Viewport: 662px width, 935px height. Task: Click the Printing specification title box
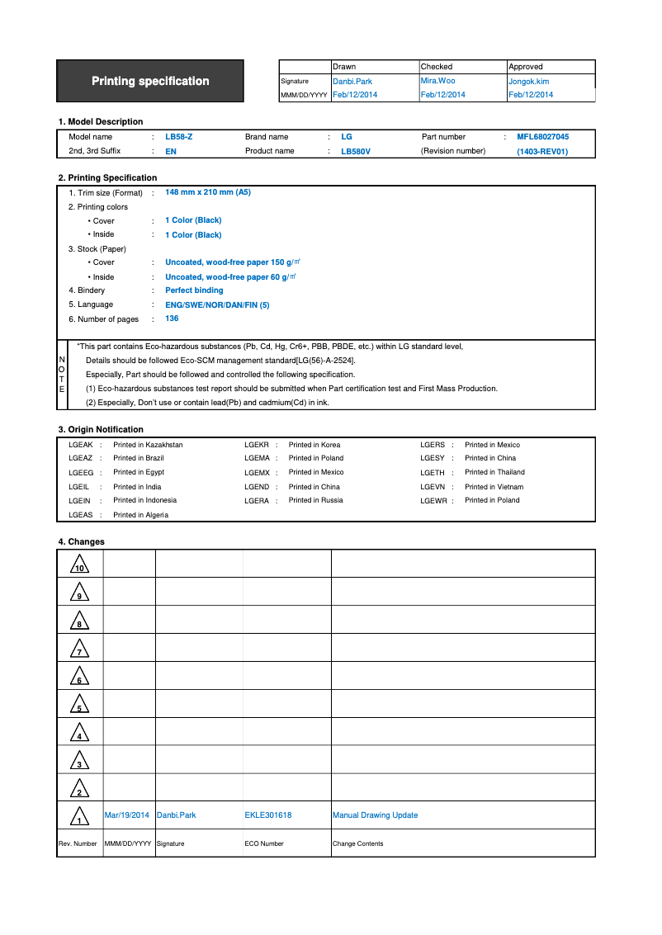click(150, 81)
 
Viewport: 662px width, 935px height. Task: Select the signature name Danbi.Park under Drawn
click(352, 82)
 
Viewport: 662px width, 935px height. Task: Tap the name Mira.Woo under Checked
click(437, 81)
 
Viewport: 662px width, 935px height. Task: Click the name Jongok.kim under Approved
click(528, 82)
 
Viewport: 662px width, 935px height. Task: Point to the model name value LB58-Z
click(179, 137)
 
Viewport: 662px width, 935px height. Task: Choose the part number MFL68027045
click(542, 137)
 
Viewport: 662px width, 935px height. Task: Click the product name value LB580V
click(356, 152)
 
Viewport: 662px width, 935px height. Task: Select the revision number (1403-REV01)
click(542, 152)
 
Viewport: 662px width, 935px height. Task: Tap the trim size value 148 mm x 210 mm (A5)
click(208, 192)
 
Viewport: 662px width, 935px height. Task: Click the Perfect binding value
click(194, 290)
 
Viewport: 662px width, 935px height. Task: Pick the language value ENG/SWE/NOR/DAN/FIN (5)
click(217, 305)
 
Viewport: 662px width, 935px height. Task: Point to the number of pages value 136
click(172, 319)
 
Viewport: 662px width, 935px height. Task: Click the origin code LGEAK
click(80, 445)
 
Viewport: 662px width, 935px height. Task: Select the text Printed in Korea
click(314, 445)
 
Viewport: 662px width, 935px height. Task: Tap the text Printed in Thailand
click(494, 472)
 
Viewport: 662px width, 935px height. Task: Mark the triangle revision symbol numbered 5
click(79, 705)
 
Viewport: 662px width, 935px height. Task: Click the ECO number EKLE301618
click(268, 815)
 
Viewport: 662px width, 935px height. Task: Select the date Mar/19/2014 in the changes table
click(127, 815)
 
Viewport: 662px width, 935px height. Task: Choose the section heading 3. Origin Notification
click(101, 430)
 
